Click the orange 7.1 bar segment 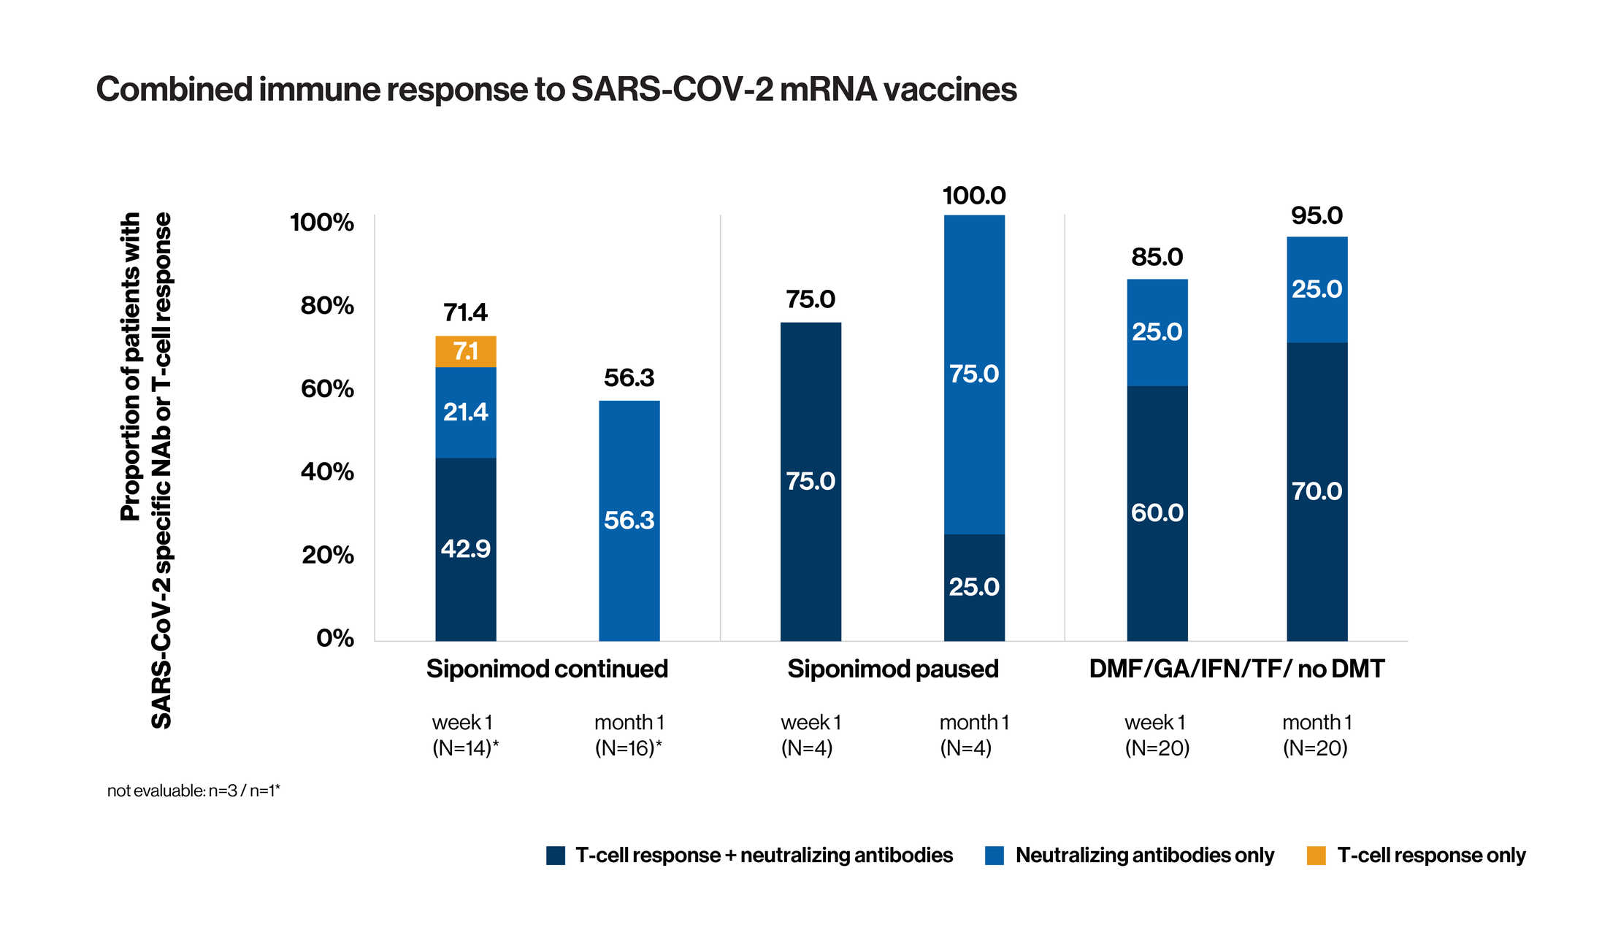tap(466, 351)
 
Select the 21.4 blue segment tap(466, 412)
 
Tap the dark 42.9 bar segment tap(466, 549)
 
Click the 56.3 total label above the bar tap(629, 378)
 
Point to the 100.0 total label tap(974, 196)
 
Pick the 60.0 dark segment tap(1157, 513)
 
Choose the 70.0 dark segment tap(1317, 491)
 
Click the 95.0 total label tap(1317, 215)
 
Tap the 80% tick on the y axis tap(327, 305)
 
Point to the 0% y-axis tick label tap(334, 639)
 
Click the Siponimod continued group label tap(547, 669)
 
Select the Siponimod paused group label tap(892, 669)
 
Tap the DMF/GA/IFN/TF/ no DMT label tap(1236, 669)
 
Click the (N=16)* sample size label tap(628, 748)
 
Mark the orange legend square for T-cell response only tap(1316, 856)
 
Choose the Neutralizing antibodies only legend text tap(1144, 856)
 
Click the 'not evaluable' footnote tap(193, 791)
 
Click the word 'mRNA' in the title tap(827, 90)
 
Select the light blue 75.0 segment tap(974, 374)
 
